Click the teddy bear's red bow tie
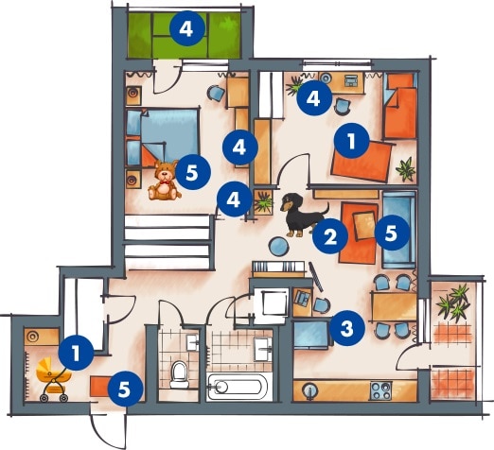(x=165, y=182)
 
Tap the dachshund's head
(x=289, y=201)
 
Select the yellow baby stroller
(x=53, y=379)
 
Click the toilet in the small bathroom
(x=178, y=374)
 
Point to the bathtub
(x=238, y=386)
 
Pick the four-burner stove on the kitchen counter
(x=381, y=391)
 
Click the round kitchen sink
(x=309, y=391)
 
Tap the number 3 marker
(x=347, y=329)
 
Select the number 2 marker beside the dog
(x=330, y=236)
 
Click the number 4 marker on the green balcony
(x=186, y=28)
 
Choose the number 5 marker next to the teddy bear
(x=192, y=172)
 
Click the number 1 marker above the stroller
(x=76, y=353)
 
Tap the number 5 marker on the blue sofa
(x=391, y=233)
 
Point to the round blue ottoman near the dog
(x=279, y=246)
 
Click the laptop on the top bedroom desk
(x=350, y=80)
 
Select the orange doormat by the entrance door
(x=100, y=387)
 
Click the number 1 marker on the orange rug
(x=352, y=141)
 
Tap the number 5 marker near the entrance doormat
(x=125, y=389)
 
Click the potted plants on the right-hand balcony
(x=453, y=303)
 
